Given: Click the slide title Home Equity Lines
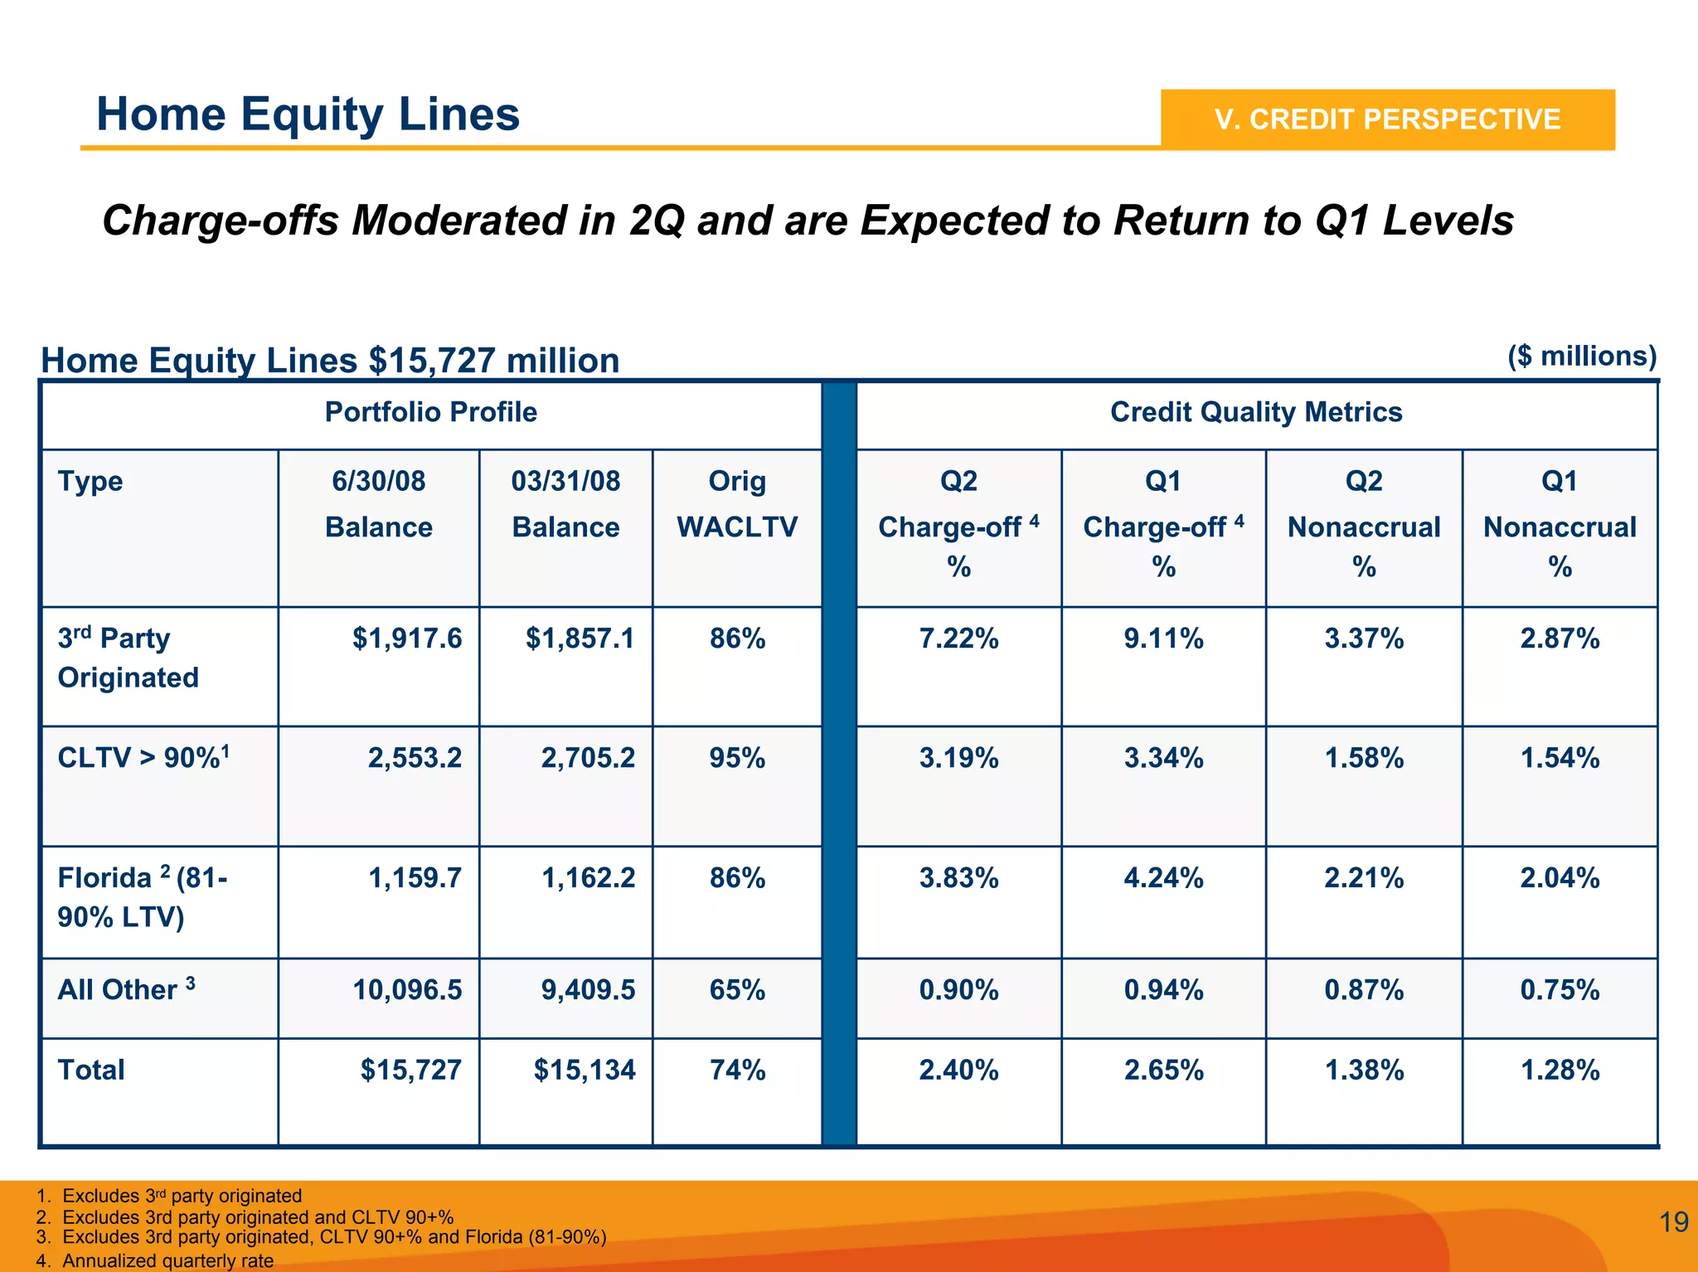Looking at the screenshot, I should [x=308, y=114].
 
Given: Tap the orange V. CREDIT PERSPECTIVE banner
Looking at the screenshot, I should [x=1387, y=119].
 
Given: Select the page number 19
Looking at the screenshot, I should [x=1673, y=1222].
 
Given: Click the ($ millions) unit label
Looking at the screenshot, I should [x=1581, y=356].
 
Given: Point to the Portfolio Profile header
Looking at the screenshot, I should [x=430, y=412].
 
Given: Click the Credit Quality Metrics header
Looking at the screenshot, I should [x=1255, y=412].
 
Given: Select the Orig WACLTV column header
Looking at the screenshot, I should [x=736, y=503].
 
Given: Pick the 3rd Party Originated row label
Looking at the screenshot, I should [x=128, y=658].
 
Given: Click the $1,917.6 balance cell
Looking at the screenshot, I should [x=406, y=638].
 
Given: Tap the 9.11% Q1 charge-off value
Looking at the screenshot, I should [x=1163, y=638].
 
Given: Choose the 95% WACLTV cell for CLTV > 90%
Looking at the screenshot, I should [x=736, y=758].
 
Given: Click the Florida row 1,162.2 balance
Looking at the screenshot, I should [x=588, y=878].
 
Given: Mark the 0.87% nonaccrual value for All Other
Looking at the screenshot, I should [x=1363, y=990].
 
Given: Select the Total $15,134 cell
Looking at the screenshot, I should [x=584, y=1070].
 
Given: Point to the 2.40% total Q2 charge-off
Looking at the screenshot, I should [x=958, y=1070].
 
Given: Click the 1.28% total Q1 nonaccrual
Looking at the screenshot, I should [x=1559, y=1070].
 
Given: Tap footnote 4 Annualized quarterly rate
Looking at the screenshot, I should [x=167, y=1260].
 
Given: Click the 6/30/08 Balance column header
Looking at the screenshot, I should [x=378, y=503].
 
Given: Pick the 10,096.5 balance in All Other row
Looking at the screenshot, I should [x=406, y=990].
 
